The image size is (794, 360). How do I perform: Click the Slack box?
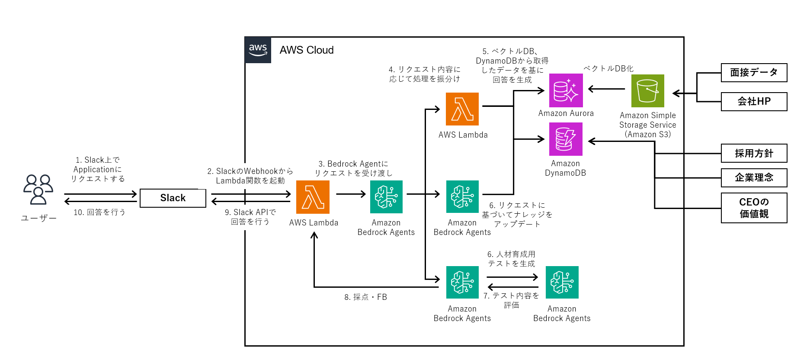173,198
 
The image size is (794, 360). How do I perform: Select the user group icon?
38,189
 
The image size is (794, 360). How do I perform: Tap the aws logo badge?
258,50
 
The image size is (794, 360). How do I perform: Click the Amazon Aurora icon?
566,90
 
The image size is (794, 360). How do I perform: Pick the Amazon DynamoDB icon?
566,139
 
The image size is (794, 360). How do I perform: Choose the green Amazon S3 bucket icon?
647,91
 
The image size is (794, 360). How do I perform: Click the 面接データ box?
754,73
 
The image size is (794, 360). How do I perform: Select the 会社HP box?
754,102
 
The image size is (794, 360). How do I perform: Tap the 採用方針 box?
754,153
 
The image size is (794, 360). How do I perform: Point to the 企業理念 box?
754,177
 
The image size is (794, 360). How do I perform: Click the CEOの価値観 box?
754,208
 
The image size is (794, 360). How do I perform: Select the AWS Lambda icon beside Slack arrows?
313,197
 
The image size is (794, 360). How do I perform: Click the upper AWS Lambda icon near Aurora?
462,109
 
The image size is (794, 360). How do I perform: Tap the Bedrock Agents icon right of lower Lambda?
386,197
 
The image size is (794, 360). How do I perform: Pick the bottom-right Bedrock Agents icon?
562,283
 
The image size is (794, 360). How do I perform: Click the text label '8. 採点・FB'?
365,297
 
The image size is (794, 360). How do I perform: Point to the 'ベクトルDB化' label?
608,69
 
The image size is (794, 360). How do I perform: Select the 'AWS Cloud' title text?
307,50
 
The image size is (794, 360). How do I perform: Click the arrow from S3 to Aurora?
606,89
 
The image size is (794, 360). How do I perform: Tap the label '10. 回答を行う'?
99,212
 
